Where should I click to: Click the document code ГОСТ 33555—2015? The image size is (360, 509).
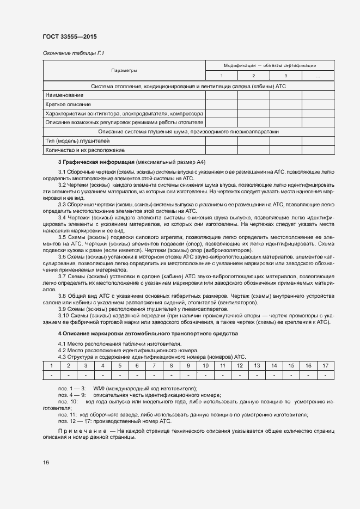pyautogui.click(x=70, y=37)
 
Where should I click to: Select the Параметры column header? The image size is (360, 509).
pyautogui.click(x=124, y=70)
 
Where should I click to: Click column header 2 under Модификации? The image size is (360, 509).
pyautogui.click(x=253, y=76)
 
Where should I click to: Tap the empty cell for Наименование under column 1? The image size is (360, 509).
pyautogui.click(x=221, y=95)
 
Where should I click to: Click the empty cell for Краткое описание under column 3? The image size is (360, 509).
pyautogui.click(x=285, y=105)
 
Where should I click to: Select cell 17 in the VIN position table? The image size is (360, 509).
pyautogui.click(x=325, y=366)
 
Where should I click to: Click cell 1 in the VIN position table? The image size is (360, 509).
pyautogui.click(x=51, y=366)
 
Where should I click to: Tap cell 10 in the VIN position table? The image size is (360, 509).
pyautogui.click(x=205, y=366)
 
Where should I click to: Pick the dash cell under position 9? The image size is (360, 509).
pyautogui.click(x=188, y=375)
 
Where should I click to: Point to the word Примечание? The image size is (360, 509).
pyautogui.click(x=82, y=431)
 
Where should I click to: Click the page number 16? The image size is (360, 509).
pyautogui.click(x=46, y=462)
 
